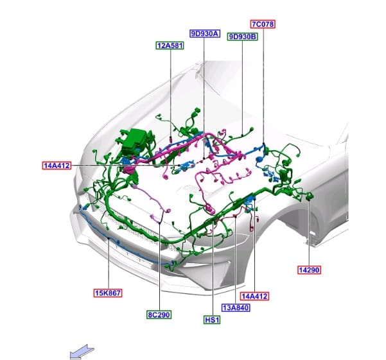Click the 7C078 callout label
pos(263,24)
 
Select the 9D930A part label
pos(205,33)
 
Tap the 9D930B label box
pos(242,37)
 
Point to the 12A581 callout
pos(170,46)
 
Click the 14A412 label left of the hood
pos(57,166)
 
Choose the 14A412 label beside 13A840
pos(254,296)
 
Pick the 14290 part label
pos(309,270)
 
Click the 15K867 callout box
pos(108,293)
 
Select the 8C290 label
pos(159,314)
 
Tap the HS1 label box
pos(212,320)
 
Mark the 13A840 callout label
pos(236,307)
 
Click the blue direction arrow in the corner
pos(81,352)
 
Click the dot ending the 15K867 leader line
pos(109,238)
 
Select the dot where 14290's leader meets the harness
pos(309,199)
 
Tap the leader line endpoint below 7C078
pos(263,143)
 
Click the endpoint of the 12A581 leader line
pos(171,140)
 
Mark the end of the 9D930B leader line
pos(243,135)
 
